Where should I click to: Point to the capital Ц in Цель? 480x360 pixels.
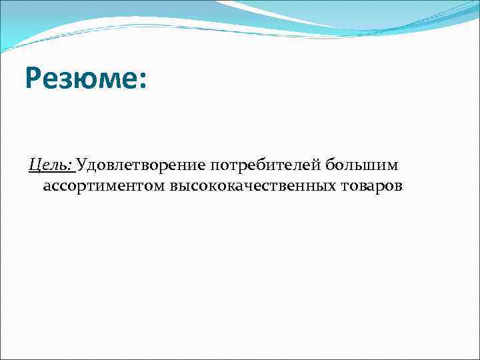(x=34, y=165)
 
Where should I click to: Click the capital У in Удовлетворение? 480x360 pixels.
(x=83, y=165)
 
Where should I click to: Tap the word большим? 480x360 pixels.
(x=361, y=165)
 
